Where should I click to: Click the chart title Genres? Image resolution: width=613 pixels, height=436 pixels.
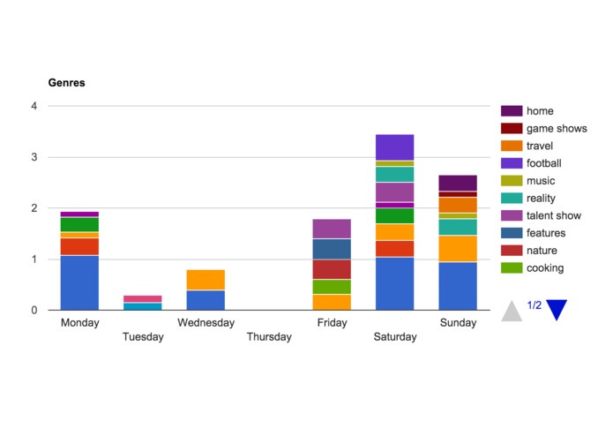point(66,83)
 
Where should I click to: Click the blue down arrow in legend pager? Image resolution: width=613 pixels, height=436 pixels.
point(556,310)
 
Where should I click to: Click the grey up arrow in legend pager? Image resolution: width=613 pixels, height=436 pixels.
point(512,310)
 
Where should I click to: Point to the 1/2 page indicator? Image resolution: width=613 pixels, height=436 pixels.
point(534,305)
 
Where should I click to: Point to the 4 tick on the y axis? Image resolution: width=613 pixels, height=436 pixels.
point(34,106)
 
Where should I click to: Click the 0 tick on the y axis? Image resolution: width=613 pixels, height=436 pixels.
point(34,310)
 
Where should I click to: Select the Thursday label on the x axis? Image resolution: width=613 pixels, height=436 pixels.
point(269,336)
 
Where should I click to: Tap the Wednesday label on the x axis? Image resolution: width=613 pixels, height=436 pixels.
point(206,323)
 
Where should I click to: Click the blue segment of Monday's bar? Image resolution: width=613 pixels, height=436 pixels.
point(79,282)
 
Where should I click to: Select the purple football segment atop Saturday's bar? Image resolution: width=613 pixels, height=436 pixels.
point(394,147)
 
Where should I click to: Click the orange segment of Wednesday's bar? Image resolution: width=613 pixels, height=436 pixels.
point(206,280)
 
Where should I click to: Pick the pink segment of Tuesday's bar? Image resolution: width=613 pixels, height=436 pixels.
point(142,299)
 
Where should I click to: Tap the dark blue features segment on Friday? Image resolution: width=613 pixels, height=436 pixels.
point(332,249)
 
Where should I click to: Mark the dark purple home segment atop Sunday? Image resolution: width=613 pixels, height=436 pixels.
point(458,183)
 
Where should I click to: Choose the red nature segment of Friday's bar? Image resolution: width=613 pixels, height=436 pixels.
point(332,269)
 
